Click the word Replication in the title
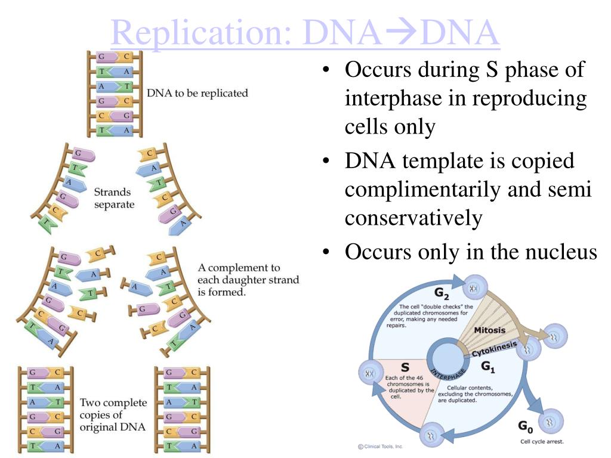click(200, 34)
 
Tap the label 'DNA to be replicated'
click(197, 94)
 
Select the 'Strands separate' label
click(114, 199)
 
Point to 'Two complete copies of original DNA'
click(113, 415)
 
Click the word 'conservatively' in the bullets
click(413, 218)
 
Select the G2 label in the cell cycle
click(442, 294)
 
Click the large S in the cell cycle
click(405, 368)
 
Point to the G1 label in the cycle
click(488, 367)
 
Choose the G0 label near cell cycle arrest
click(524, 427)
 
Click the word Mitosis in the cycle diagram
click(489, 330)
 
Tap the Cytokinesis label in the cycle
click(493, 348)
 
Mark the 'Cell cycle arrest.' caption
click(541, 441)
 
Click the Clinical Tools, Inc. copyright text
click(380, 446)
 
